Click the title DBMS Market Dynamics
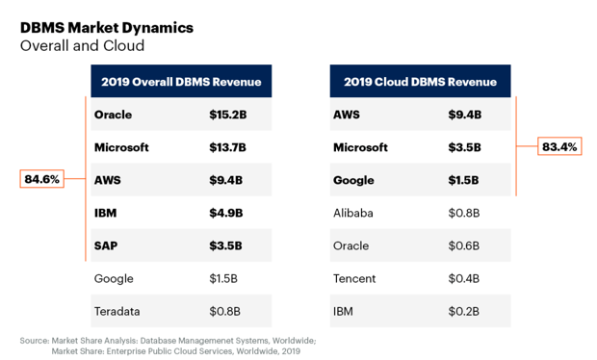click(107, 28)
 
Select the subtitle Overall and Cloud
click(82, 45)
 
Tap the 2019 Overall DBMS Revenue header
click(181, 82)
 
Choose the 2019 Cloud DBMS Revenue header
click(421, 82)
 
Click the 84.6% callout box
click(41, 179)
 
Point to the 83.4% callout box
click(559, 146)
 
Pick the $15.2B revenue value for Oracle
click(227, 115)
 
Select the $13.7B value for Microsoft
click(227, 147)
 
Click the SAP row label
click(106, 245)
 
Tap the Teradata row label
click(117, 311)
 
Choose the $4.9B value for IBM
click(225, 213)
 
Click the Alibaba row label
click(353, 213)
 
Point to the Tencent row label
click(354, 278)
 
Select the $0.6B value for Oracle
click(464, 245)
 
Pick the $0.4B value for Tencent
click(464, 278)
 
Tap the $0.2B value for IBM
click(464, 311)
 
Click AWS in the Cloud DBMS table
click(347, 115)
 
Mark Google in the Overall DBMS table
click(114, 279)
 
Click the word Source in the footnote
click(35, 341)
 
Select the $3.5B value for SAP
click(225, 245)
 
